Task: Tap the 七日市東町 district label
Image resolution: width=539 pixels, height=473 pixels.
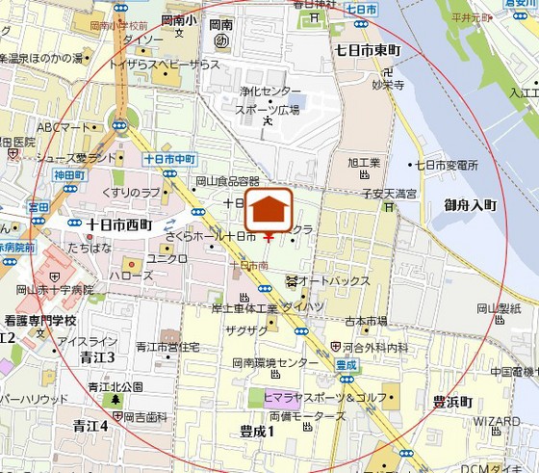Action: (x=370, y=47)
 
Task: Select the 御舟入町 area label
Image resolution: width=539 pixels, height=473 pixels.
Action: (x=470, y=205)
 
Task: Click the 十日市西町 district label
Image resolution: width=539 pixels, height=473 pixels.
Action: (x=119, y=224)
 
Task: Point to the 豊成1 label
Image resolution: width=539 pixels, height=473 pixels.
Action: (x=258, y=431)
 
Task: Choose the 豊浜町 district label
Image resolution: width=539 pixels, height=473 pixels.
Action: (x=451, y=402)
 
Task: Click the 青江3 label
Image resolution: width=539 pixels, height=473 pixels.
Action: (x=98, y=356)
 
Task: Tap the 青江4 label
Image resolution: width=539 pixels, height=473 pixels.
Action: (x=91, y=425)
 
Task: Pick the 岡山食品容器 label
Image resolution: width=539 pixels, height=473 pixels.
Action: (x=227, y=181)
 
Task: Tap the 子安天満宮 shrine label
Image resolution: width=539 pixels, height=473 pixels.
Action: (x=389, y=194)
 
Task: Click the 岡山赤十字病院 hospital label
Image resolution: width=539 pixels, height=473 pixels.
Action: (x=55, y=289)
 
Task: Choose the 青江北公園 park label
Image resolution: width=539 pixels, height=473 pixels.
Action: (x=115, y=386)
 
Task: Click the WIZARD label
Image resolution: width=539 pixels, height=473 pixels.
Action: (x=498, y=421)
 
